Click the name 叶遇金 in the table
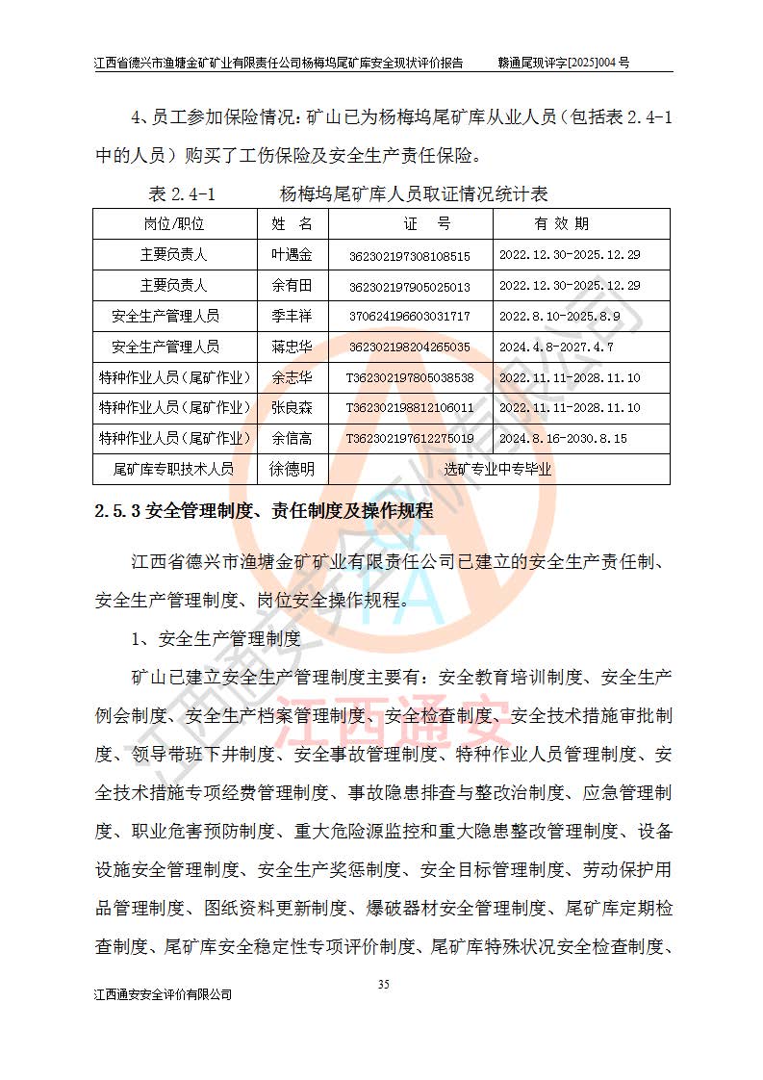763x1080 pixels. click(292, 255)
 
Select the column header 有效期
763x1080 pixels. click(562, 224)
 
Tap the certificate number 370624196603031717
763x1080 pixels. click(410, 317)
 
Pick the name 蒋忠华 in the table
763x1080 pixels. click(292, 347)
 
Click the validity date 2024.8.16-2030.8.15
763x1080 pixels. click(563, 438)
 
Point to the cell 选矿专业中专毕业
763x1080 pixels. click(497, 469)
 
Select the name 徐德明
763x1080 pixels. click(292, 469)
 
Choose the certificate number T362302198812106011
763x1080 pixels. click(410, 408)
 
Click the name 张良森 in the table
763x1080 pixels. click(292, 408)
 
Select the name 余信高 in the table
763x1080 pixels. click(292, 438)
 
